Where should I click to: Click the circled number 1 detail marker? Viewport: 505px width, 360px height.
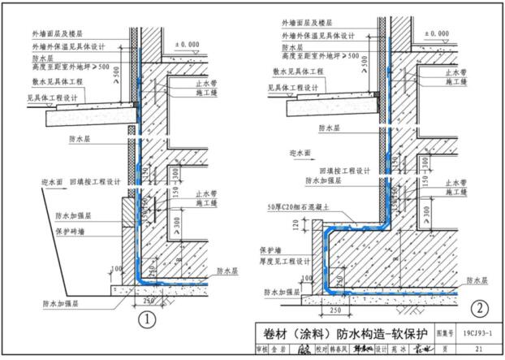pyautogui.click(x=146, y=319)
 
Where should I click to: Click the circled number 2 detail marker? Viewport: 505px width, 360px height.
pyautogui.click(x=480, y=307)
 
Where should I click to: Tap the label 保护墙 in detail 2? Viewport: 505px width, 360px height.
pyautogui.click(x=269, y=250)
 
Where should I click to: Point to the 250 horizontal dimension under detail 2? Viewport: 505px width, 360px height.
pyautogui.click(x=334, y=310)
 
